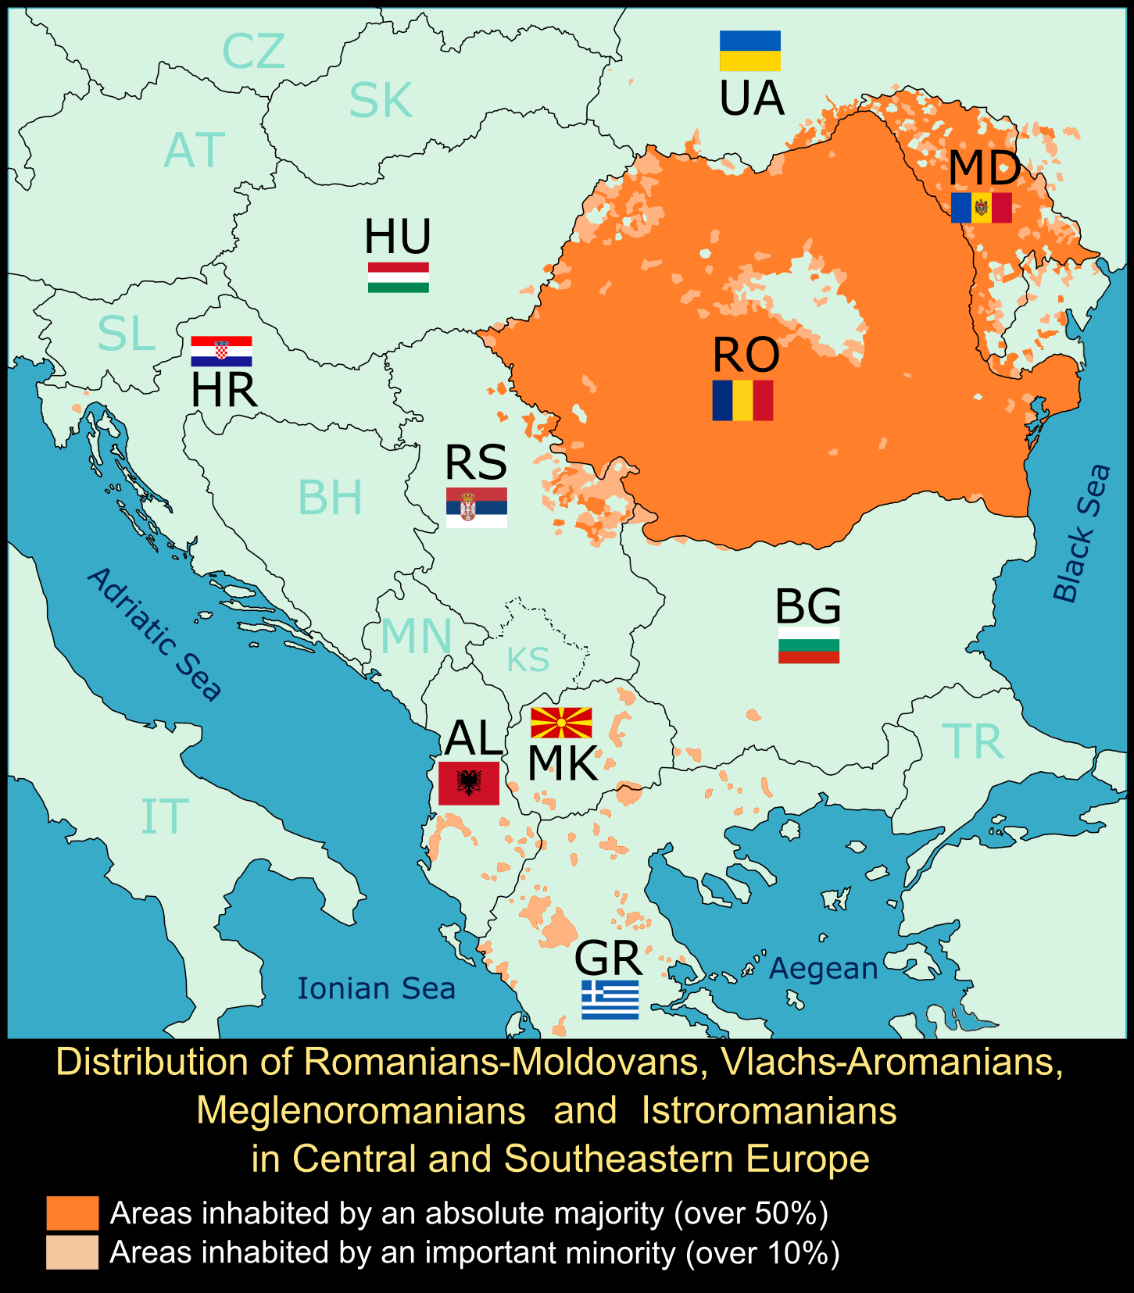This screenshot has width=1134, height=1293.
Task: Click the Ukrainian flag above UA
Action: (749, 51)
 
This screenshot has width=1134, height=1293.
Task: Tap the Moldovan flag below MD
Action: (981, 208)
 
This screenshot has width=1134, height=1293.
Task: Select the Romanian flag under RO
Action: (742, 400)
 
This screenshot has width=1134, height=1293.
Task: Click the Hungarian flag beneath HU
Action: (398, 277)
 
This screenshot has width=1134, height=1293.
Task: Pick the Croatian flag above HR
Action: (221, 352)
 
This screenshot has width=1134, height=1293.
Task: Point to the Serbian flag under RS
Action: (476, 508)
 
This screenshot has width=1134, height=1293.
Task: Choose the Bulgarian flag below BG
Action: (808, 645)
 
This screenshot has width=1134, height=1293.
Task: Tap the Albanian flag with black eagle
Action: (468, 783)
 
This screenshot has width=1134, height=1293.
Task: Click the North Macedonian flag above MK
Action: (561, 723)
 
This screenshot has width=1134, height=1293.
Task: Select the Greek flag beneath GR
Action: (610, 999)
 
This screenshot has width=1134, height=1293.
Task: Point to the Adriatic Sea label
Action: (156, 634)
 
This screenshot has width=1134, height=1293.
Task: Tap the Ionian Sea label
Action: (376, 989)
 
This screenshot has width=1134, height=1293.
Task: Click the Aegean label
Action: (824, 969)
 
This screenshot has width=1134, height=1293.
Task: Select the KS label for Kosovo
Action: (528, 660)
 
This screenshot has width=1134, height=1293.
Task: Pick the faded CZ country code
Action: (253, 52)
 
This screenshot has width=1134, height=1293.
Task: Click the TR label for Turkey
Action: (972, 741)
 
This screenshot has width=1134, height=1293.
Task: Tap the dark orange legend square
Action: (73, 1213)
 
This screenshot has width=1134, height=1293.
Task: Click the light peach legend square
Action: (73, 1252)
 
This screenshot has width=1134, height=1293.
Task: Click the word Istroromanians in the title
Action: (768, 1111)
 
